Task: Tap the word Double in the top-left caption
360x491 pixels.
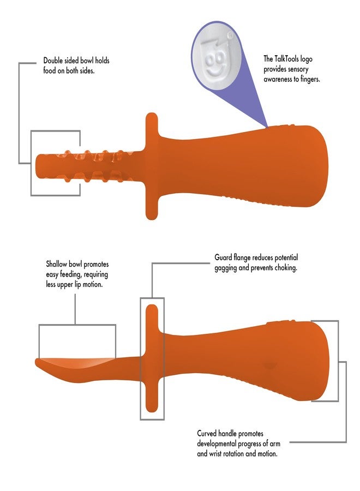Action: pyautogui.click(x=55, y=61)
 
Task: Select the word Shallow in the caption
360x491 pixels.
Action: pyautogui.click(x=58, y=265)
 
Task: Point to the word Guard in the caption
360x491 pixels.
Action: pyautogui.click(x=224, y=258)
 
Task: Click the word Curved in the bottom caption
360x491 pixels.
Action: pyautogui.click(x=209, y=433)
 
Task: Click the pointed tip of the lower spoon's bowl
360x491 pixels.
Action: pyautogui.click(x=37, y=361)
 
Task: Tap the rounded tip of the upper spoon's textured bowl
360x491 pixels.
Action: pyautogui.click(x=38, y=164)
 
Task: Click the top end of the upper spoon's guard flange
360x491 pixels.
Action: pyautogui.click(x=152, y=116)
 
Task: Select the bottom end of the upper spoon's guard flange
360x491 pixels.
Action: pyautogui.click(x=152, y=216)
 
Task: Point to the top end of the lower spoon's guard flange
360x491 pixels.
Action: pyautogui.click(x=152, y=308)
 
